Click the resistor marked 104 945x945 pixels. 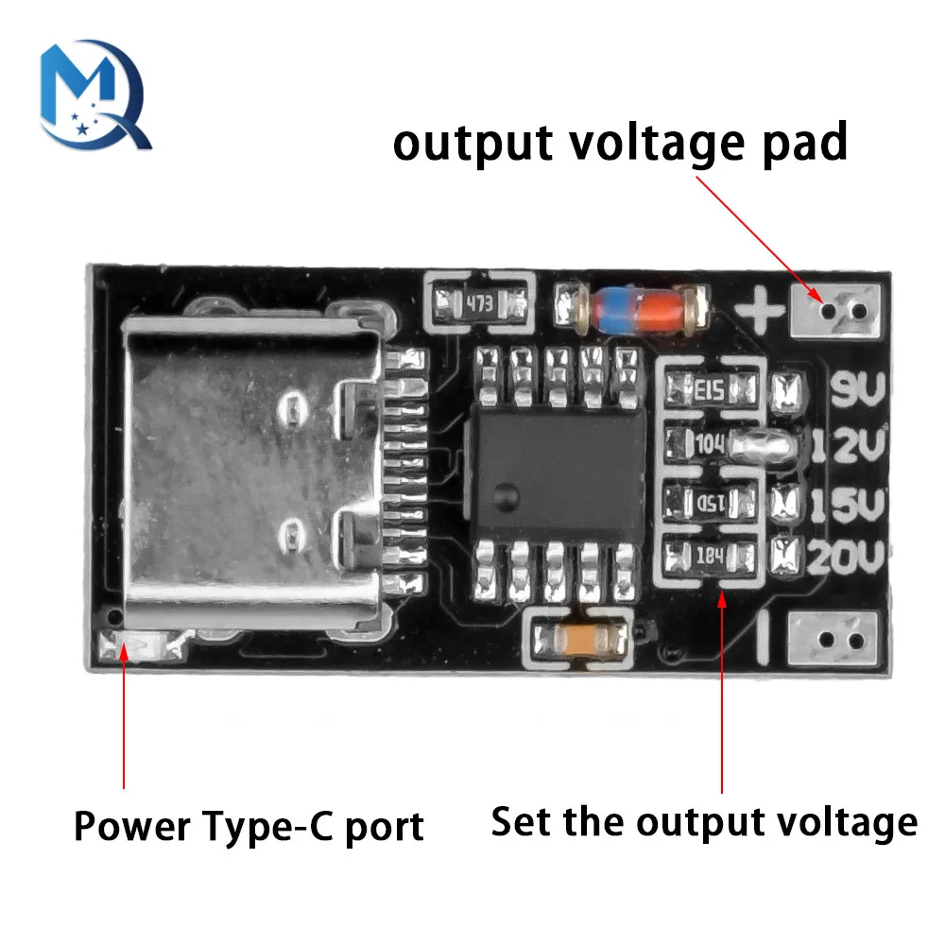click(x=711, y=441)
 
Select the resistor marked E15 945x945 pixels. click(x=711, y=387)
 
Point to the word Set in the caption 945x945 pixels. click(x=521, y=820)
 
